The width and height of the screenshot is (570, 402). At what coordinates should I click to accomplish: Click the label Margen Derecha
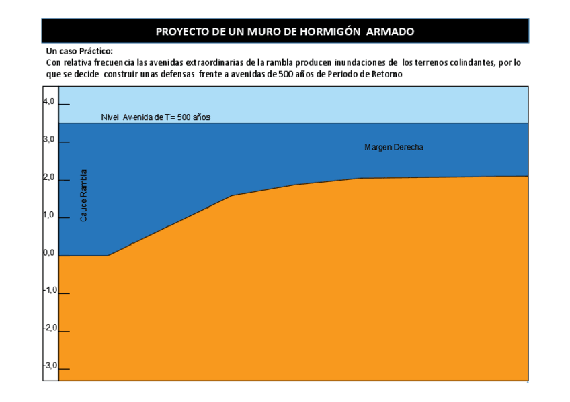point(393,148)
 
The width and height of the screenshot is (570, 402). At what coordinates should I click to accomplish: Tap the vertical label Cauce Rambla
point(84,195)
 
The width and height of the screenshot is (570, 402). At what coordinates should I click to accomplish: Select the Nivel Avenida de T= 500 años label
point(156,117)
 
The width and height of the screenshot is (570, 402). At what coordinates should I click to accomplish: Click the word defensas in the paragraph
point(177,74)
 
